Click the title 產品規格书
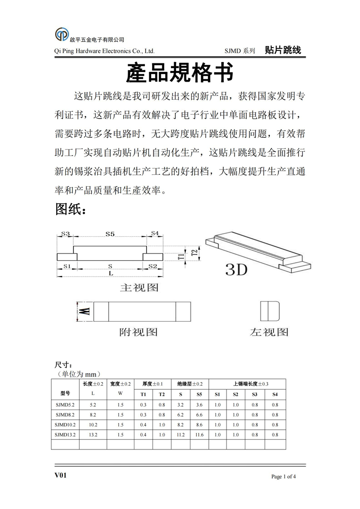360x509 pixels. click(180, 73)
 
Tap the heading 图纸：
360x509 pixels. click(71, 209)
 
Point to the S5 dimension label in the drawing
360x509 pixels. click(110, 234)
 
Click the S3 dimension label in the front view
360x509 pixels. click(65, 234)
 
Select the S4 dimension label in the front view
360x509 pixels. click(154, 233)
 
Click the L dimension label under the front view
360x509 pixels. click(110, 273)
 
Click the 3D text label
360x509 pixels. click(236, 269)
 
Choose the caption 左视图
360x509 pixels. click(269, 332)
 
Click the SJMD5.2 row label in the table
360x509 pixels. click(65, 405)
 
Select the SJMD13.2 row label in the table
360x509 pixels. click(65, 435)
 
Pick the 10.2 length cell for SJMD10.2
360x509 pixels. click(93, 424)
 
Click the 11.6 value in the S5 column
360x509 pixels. click(199, 435)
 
